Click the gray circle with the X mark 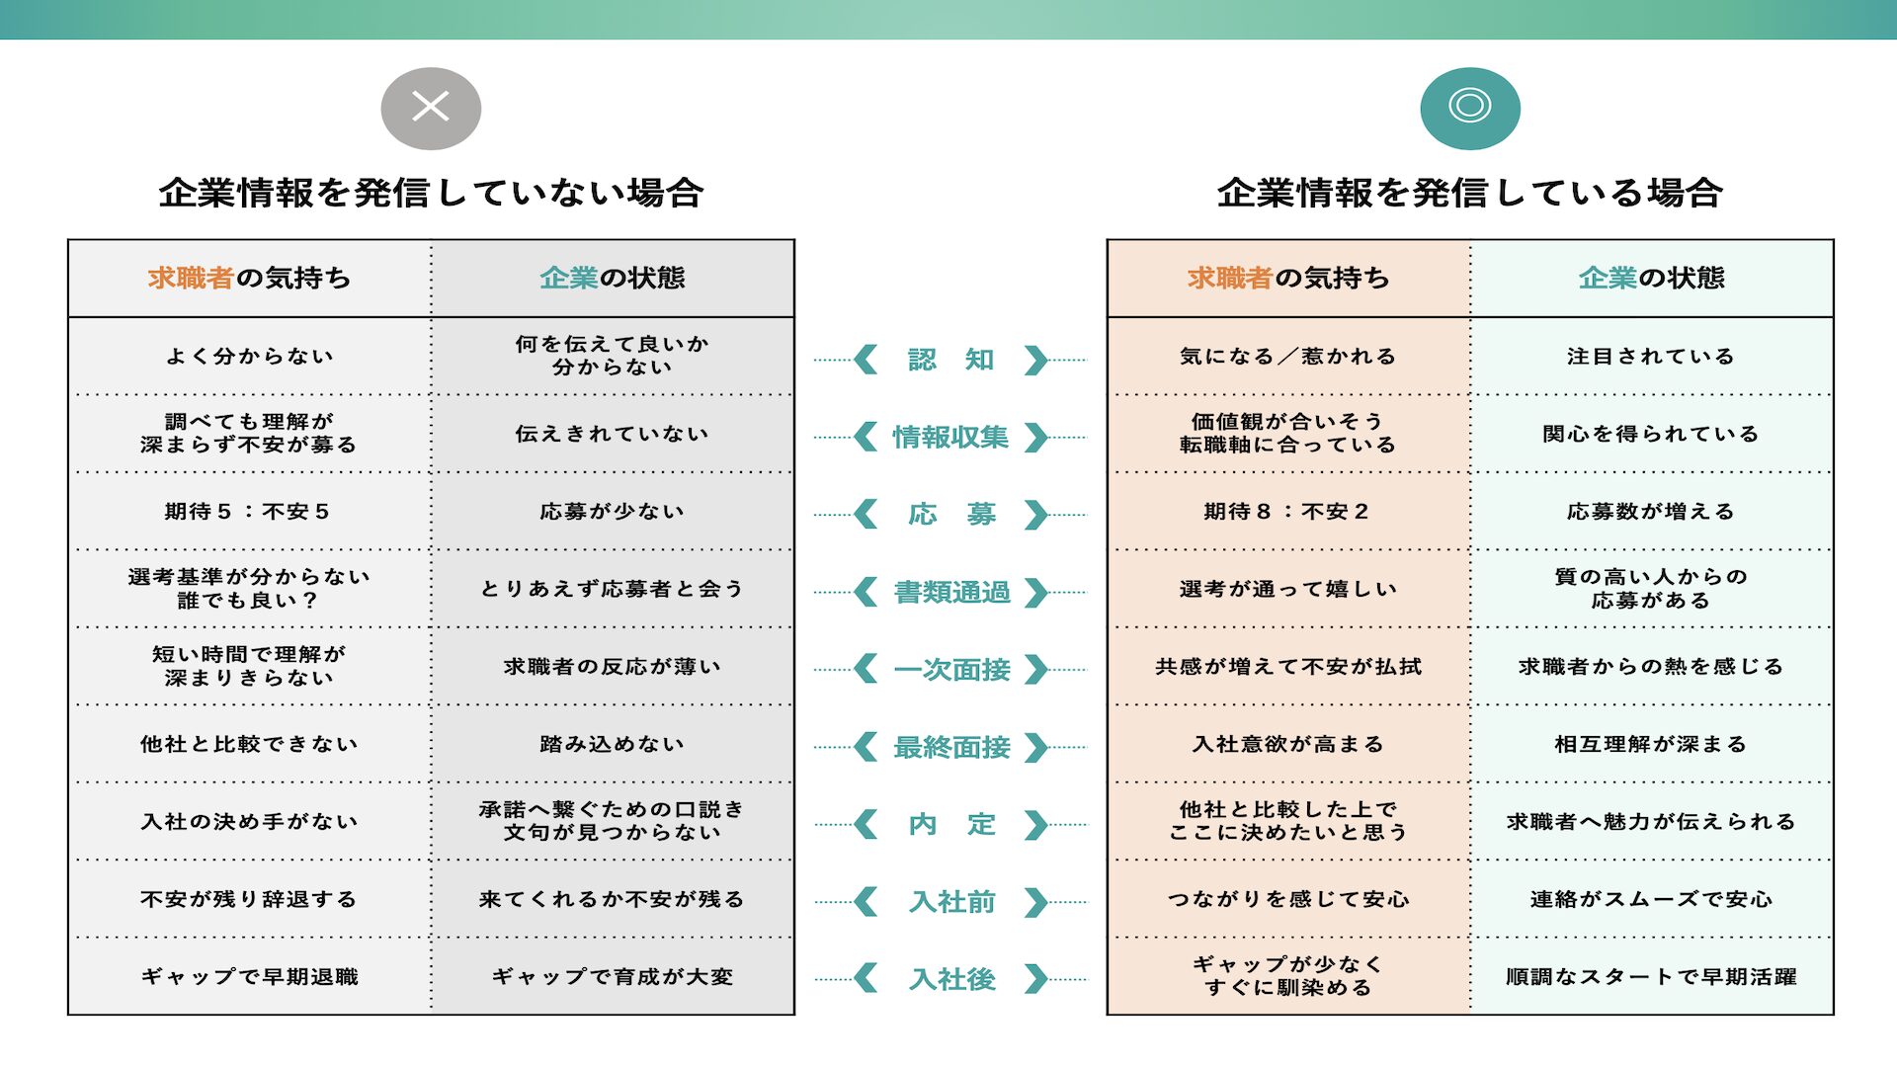coord(431,108)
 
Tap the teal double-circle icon coord(1469,108)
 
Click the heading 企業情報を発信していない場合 coord(431,193)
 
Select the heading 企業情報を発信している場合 coord(1469,193)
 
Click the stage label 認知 coord(950,360)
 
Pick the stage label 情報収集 coord(950,437)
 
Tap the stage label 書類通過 coord(951,592)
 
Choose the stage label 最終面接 coord(951,747)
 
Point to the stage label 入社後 coord(951,979)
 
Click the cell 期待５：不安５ coord(248,512)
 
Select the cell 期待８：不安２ coord(1287,512)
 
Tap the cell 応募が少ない coord(613,512)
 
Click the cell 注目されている coord(1651,357)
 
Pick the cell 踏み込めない coord(613,744)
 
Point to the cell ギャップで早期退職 coord(249,977)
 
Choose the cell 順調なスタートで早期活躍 coord(1651,977)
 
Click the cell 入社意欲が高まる coord(1287,744)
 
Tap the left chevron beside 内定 coord(866,824)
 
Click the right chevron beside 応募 coord(1035,515)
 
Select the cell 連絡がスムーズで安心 coord(1651,899)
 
